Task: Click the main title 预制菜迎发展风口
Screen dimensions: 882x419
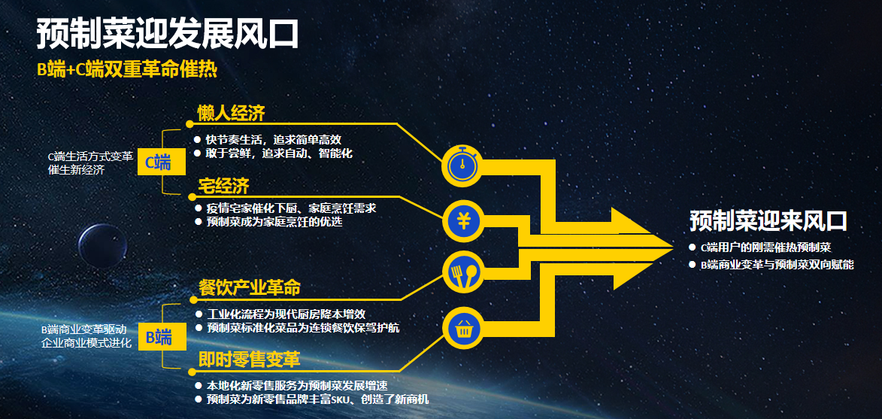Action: (x=167, y=35)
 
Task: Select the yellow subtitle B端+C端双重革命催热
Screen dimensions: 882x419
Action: (x=127, y=69)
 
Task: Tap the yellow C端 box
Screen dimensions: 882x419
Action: (x=162, y=162)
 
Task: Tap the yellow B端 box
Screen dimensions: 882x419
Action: (x=162, y=338)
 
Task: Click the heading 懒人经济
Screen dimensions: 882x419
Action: (x=231, y=114)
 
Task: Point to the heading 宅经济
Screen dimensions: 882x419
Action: (x=223, y=186)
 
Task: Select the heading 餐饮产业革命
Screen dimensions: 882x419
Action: (x=250, y=288)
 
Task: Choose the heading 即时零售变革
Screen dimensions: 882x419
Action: (x=250, y=360)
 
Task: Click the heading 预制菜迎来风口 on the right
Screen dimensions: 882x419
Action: (x=768, y=220)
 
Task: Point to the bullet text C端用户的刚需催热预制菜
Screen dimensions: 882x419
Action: (x=765, y=247)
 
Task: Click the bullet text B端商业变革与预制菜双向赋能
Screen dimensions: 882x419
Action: (x=777, y=264)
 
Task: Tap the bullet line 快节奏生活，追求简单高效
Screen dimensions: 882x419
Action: (x=274, y=139)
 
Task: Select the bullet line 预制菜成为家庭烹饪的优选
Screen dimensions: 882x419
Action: (x=274, y=222)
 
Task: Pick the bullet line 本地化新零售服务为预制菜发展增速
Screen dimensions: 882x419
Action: (x=298, y=386)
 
